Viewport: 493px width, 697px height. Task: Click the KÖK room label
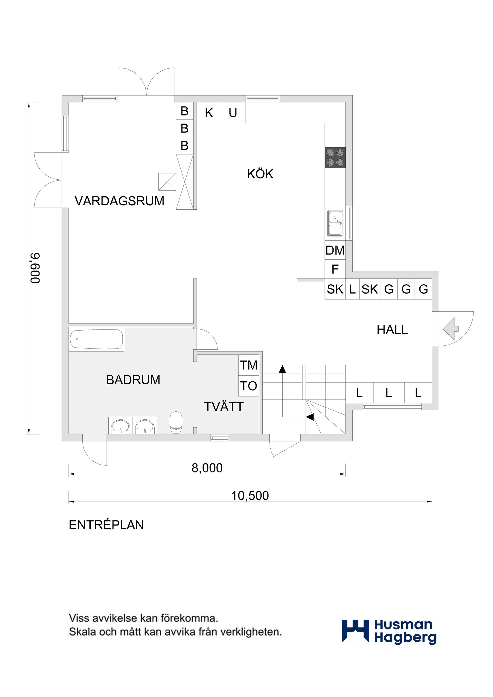coord(260,174)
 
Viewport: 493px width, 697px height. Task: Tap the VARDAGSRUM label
coord(119,201)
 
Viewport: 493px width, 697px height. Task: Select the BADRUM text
coord(133,380)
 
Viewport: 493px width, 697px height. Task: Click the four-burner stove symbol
coord(335,157)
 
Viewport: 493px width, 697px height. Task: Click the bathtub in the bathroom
coord(97,339)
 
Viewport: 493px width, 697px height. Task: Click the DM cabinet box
coord(335,250)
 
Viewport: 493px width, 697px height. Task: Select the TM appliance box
coord(249,365)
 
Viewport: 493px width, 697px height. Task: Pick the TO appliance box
coord(249,386)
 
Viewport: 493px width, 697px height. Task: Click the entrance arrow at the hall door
coord(451,329)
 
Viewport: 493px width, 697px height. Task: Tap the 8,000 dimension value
coord(207,468)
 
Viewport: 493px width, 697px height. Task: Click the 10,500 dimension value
coord(250,496)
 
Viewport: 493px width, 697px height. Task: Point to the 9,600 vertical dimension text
coord(35,268)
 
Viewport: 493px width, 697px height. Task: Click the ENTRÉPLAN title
coord(106,525)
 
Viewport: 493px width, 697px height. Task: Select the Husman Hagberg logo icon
coord(355,631)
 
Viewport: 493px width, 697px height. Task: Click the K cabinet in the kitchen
coord(209,113)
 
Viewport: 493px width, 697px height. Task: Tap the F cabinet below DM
coord(335,269)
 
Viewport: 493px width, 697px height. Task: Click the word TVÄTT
coord(224,407)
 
